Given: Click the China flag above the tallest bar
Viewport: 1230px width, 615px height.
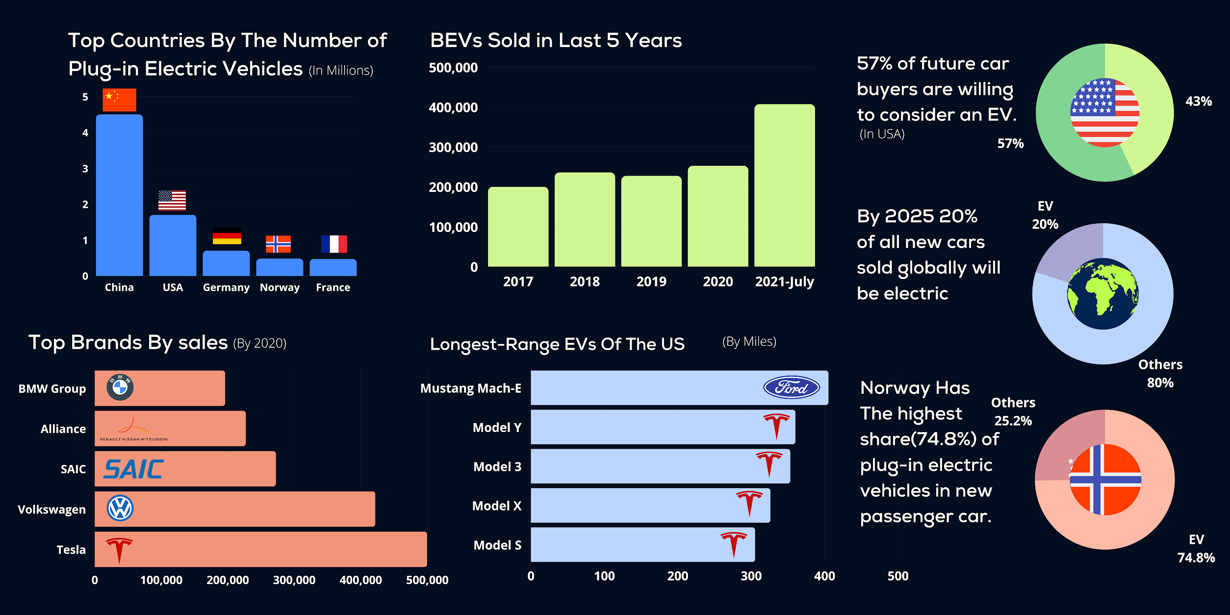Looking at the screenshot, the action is (x=119, y=100).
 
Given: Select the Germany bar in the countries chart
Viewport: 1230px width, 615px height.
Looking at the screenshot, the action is (x=226, y=263).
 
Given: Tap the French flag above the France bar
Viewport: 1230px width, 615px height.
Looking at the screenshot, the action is (x=334, y=244).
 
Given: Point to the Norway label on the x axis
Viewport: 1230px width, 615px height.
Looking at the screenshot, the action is (x=280, y=287).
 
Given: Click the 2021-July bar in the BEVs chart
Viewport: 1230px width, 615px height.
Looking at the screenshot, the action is (x=784, y=185).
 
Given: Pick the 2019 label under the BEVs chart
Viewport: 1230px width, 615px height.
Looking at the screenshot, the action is (x=651, y=282).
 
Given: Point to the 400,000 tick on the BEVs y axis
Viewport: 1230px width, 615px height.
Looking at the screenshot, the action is (x=453, y=107).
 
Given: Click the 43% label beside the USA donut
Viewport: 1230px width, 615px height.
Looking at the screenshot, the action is (x=1199, y=102).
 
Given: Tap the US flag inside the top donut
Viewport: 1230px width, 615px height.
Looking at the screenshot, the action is (x=1104, y=112).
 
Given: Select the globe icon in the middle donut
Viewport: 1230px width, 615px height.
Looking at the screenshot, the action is (x=1103, y=294).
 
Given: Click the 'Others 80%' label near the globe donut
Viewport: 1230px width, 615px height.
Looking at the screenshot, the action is (x=1160, y=374).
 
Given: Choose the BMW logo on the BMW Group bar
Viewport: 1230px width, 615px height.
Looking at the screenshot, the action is (x=120, y=387).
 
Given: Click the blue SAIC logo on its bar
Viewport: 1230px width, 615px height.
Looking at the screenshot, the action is (x=133, y=469).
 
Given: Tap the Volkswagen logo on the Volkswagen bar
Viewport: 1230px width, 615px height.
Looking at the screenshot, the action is (x=120, y=508).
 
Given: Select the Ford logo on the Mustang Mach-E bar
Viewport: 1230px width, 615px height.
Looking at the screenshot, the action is (x=791, y=387).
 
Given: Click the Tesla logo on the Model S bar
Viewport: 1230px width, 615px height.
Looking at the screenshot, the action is (x=734, y=544).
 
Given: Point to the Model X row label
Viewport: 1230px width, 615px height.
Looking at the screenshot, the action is (x=496, y=506).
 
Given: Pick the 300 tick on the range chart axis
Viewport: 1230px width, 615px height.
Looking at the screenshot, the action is (x=751, y=576).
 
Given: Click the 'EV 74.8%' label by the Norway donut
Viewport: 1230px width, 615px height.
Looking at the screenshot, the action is (x=1196, y=549).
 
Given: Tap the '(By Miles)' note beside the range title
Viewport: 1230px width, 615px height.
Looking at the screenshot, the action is (x=749, y=342).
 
